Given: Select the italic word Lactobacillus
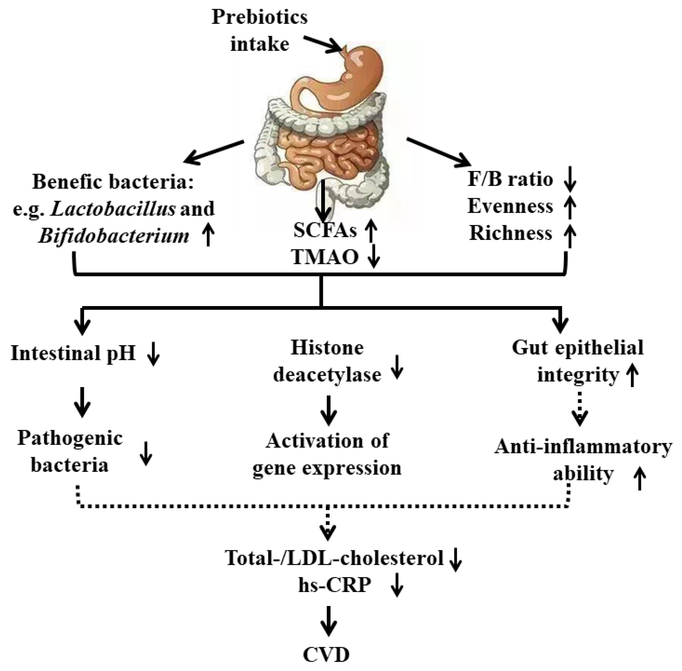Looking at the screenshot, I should click(113, 209).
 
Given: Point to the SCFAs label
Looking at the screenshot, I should click(325, 231).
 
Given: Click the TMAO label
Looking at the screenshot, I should click(325, 257).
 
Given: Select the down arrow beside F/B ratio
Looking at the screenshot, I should click(570, 180).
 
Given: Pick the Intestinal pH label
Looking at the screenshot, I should click(73, 353).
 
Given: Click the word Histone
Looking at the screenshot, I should click(327, 348).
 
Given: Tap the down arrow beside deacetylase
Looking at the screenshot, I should click(397, 367).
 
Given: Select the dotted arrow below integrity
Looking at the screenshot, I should click(579, 409).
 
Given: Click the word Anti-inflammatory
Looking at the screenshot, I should click(583, 447).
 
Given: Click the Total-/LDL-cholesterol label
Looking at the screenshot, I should click(334, 558).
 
